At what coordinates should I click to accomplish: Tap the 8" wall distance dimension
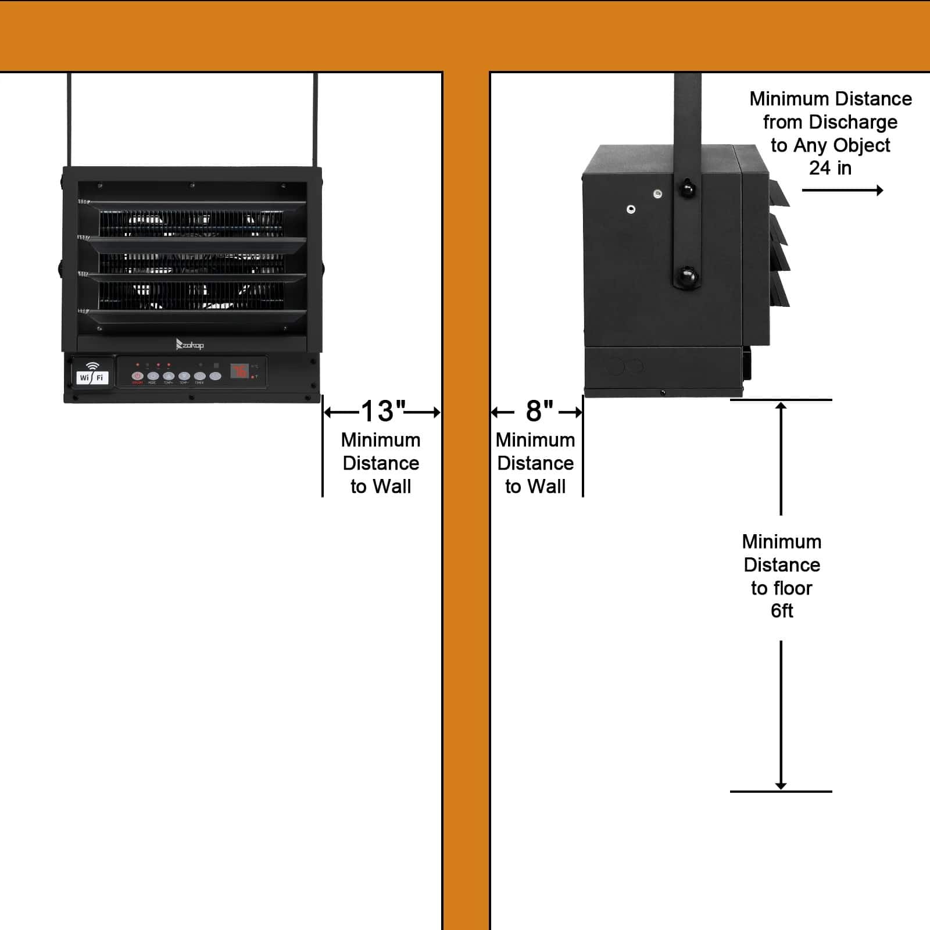point(539,412)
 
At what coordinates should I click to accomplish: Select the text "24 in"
point(830,168)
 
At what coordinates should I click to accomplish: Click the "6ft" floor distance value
point(782,611)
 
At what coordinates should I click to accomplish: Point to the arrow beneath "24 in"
point(842,190)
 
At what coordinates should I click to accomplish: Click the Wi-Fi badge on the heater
point(92,374)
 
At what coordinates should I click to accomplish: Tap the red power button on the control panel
point(137,377)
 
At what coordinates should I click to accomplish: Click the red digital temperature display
point(239,371)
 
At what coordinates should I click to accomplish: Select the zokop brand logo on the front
point(190,345)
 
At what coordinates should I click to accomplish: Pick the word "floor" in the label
point(793,588)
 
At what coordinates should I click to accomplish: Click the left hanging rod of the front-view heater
point(70,119)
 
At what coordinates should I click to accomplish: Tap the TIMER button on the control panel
point(199,377)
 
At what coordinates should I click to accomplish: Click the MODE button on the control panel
point(153,377)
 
